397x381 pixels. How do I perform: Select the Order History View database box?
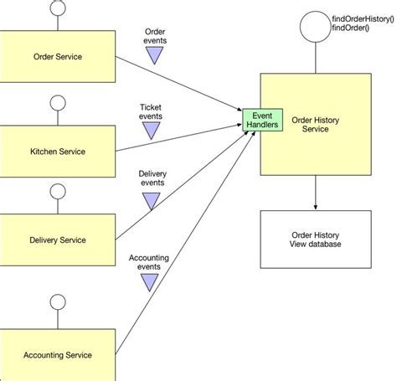point(315,241)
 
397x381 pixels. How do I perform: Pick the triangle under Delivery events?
point(152,200)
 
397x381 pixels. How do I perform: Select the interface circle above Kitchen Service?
point(58,104)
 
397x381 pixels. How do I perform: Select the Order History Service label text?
point(314,125)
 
